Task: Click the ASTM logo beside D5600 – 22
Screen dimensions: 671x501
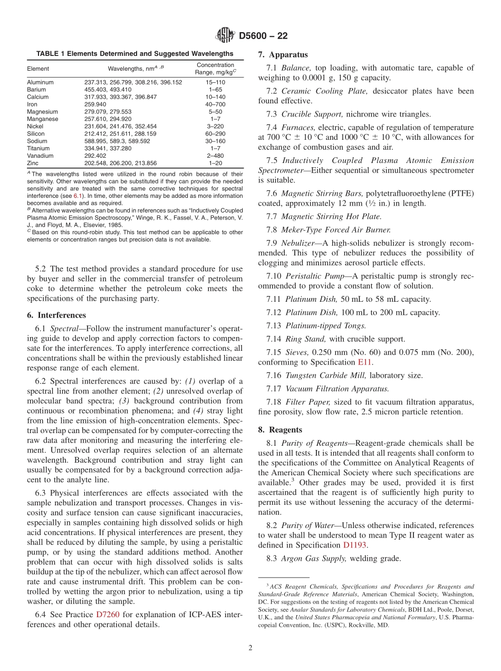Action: (x=225, y=36)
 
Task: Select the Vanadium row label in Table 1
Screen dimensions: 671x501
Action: (x=40, y=156)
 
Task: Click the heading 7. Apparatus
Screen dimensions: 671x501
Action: (x=283, y=55)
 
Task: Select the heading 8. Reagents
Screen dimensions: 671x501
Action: (x=280, y=429)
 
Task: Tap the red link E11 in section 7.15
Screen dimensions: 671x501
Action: (x=364, y=362)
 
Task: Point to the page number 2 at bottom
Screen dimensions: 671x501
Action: (x=250, y=648)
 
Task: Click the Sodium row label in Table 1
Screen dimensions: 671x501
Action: (x=36, y=141)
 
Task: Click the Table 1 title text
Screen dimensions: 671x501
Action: (x=134, y=54)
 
